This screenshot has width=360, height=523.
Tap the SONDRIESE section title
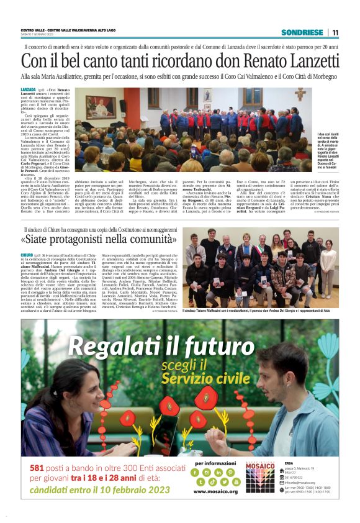[x=302, y=32]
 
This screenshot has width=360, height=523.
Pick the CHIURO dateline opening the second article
[x=27, y=255]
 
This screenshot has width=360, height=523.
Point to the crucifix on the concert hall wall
[x=300, y=95]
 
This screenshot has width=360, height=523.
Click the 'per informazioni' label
[x=215, y=463]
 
